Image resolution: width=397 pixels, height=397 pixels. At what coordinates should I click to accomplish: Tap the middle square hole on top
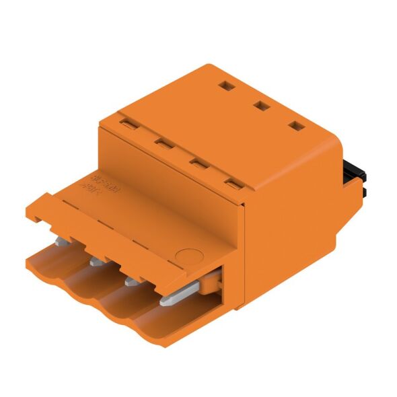259,106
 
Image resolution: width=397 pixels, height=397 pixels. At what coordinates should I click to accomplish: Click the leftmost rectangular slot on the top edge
127,123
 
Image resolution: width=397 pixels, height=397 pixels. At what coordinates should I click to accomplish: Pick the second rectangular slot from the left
160,142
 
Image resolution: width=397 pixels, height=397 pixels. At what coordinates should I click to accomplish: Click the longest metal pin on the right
180,294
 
